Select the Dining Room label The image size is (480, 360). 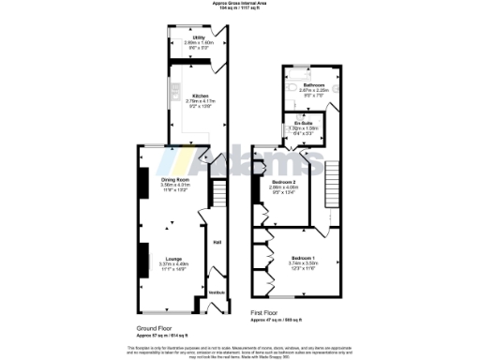point(175,179)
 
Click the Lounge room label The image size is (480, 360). point(173,259)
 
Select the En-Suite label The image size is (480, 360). point(301,122)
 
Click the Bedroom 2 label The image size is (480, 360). point(284,181)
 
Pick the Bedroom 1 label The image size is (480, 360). point(303,257)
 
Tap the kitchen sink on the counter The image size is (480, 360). point(174,91)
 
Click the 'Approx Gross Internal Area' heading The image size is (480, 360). point(238,4)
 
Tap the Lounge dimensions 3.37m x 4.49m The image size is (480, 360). point(173,264)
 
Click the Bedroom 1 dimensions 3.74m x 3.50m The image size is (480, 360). point(303,262)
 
